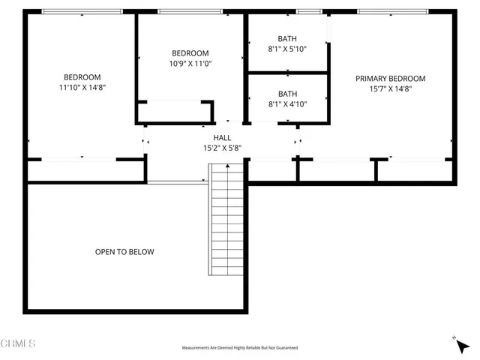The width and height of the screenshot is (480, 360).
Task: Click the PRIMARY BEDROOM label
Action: pyautogui.click(x=390, y=79)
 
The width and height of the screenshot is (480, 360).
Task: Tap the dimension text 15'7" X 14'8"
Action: pyautogui.click(x=390, y=88)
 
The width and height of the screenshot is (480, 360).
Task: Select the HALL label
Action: pyautogui.click(x=222, y=138)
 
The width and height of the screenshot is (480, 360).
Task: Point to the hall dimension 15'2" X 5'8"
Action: pyautogui.click(x=222, y=148)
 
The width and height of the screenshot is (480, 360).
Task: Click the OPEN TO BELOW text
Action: pyautogui.click(x=124, y=252)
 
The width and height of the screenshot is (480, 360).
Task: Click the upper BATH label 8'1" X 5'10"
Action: pyautogui.click(x=287, y=39)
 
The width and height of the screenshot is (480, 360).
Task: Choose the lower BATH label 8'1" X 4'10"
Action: pyautogui.click(x=287, y=94)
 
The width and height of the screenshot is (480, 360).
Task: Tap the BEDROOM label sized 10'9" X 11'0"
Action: pyautogui.click(x=190, y=53)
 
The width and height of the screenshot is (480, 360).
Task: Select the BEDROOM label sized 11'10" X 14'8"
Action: pyautogui.click(x=82, y=77)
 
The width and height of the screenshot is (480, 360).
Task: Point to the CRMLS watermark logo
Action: pyautogui.click(x=19, y=344)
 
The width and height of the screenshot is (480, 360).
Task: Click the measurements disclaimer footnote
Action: pyautogui.click(x=240, y=348)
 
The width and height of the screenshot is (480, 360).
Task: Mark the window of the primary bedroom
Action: pyautogui.click(x=393, y=11)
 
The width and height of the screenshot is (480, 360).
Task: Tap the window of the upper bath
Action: pyautogui.click(x=307, y=11)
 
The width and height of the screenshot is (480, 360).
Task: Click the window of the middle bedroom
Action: pyautogui.click(x=190, y=11)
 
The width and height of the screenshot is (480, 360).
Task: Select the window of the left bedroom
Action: pyautogui.click(x=82, y=11)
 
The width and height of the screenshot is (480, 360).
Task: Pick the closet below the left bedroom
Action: pyautogui.click(x=85, y=170)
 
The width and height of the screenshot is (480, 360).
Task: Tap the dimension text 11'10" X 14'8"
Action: pyautogui.click(x=82, y=88)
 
